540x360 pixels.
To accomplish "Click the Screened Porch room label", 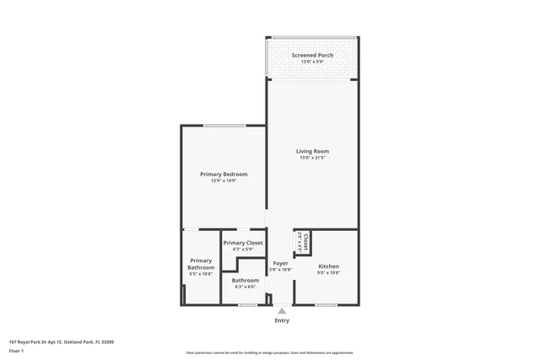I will coord(312,55).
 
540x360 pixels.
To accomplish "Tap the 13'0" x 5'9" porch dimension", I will coord(312,62).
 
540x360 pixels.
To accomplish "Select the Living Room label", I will coord(312,151).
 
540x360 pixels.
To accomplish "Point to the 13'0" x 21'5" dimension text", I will coord(312,158).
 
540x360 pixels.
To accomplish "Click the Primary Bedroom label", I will coord(224,174).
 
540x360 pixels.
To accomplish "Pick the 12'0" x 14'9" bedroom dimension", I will coord(224,180).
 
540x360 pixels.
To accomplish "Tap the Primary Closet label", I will coord(243,243).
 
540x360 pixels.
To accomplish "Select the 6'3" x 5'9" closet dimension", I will coord(243,250).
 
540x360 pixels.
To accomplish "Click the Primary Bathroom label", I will coord(201,264).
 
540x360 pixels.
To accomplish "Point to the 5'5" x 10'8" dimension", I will coord(201,274).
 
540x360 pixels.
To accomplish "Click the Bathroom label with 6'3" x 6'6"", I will coord(246,280).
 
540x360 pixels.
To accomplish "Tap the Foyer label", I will coord(281,263).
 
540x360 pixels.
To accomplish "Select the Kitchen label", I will coord(328,266).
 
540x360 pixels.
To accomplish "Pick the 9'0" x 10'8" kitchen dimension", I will coord(328,272).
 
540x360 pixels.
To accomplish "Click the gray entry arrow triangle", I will coord(282,311).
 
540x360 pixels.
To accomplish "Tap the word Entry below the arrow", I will coord(282,320).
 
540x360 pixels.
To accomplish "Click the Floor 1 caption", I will coord(17,349).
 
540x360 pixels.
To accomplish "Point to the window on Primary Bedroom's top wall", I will coord(224,126).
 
